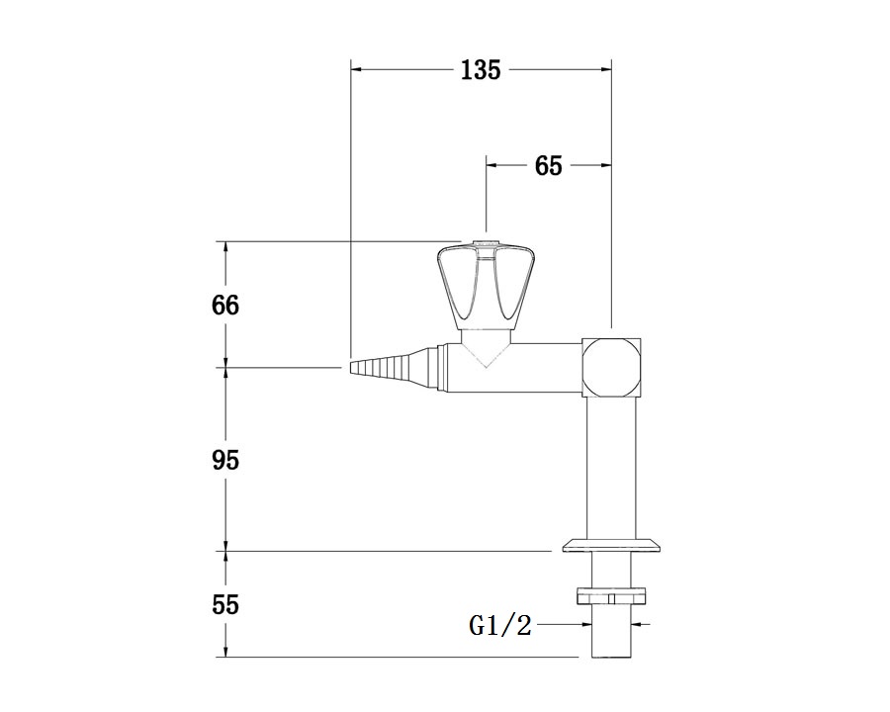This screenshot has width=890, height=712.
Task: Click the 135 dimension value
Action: coord(481,70)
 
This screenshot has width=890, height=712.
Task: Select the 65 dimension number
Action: coord(548,166)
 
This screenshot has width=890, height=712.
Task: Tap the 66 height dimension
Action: coord(225,306)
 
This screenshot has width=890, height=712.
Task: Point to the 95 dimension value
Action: coord(225,460)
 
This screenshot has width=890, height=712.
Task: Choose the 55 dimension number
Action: coord(225,604)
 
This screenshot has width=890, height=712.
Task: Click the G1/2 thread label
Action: coord(500,626)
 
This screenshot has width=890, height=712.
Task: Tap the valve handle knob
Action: coord(487,287)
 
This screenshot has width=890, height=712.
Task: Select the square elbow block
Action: coord(612,367)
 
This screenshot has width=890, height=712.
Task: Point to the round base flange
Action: coord(612,546)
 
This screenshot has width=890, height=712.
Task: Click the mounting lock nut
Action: coord(611,597)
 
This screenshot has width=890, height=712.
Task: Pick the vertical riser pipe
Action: coord(611,468)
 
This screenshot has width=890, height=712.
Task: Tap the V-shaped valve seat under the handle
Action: coord(486,350)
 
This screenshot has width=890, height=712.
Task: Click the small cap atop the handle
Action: coord(487,245)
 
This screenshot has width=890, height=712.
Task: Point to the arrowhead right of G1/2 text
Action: coord(637,625)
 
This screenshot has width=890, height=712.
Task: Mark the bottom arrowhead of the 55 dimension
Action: coord(225,652)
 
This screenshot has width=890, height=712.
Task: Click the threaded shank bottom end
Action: coord(611,657)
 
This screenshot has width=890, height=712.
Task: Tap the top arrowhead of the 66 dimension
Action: coord(225,247)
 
